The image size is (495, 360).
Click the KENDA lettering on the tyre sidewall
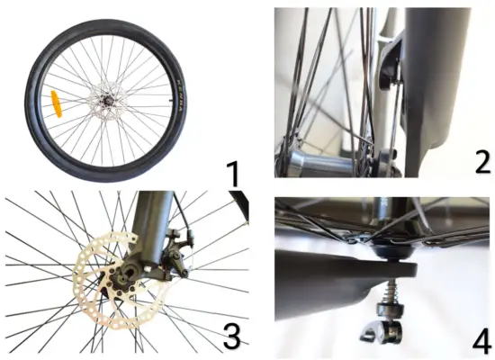pos(175,99)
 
